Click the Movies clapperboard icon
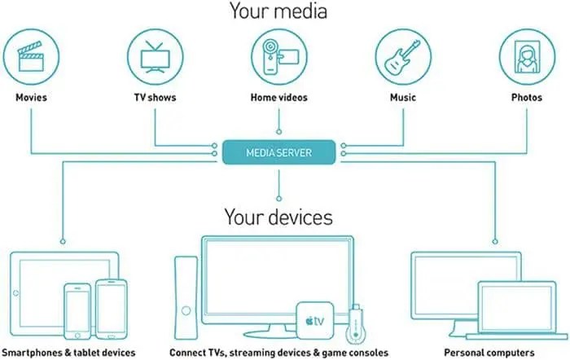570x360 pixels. (32, 55)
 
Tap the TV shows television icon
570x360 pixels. (155, 55)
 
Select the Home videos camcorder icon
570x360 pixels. (279, 55)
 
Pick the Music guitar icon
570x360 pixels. (403, 55)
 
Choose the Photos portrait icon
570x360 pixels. (527, 55)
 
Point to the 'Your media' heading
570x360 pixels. (279, 11)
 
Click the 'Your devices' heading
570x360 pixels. (279, 217)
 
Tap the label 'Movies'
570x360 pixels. (32, 98)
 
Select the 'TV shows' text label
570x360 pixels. (155, 98)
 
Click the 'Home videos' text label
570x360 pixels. (279, 98)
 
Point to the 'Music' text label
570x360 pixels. (403, 98)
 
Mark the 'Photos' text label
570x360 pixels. (527, 98)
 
